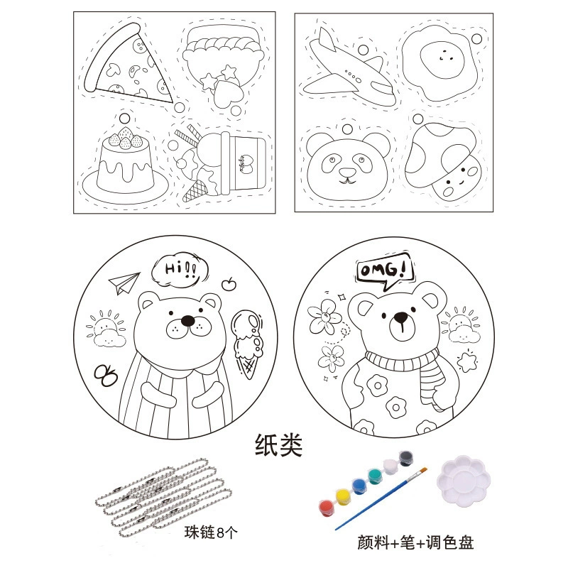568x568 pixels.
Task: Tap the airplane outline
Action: (x=348, y=69)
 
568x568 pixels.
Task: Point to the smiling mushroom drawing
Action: (x=442, y=159)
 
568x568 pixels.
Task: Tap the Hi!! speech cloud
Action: (x=180, y=270)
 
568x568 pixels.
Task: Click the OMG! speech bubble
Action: (x=384, y=271)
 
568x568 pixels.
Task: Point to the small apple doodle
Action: (x=229, y=285)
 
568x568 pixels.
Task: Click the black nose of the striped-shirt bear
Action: (x=187, y=321)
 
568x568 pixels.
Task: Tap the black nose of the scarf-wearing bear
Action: (x=400, y=317)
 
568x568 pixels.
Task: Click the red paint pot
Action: (x=326, y=507)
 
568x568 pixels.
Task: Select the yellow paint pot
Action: (x=343, y=497)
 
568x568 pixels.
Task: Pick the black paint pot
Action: (x=406, y=457)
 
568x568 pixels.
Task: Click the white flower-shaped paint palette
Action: (x=463, y=481)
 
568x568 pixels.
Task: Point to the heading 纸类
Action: (x=278, y=445)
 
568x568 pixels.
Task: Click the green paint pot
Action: (x=375, y=476)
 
